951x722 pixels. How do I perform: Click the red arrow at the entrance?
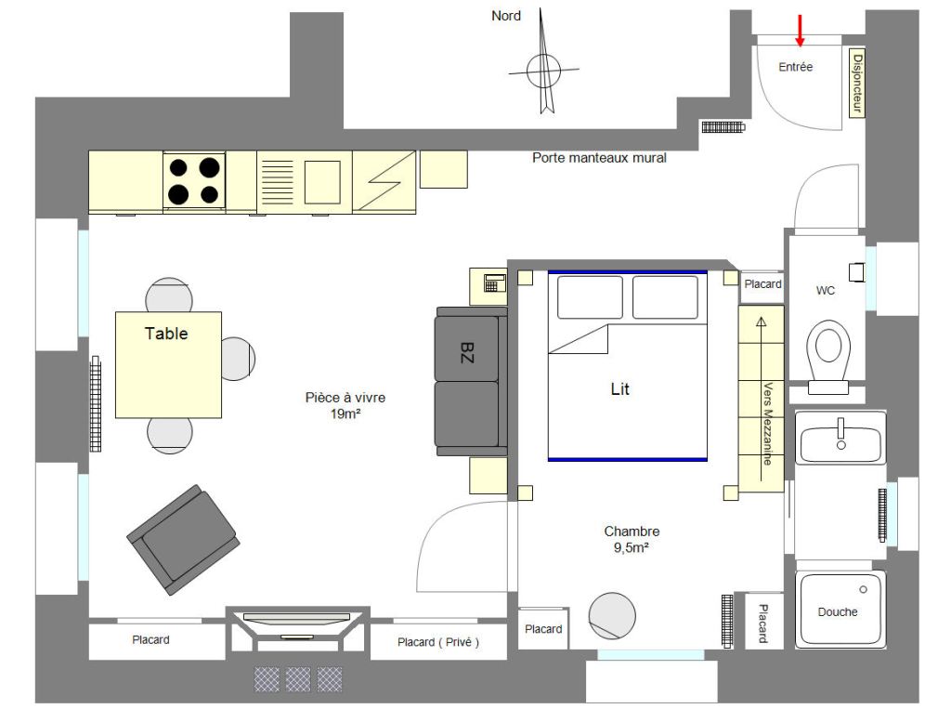[x=800, y=31]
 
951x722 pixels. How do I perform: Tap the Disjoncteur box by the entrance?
[x=856, y=83]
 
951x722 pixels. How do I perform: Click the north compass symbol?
[x=543, y=70]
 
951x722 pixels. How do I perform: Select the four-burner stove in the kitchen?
[x=194, y=180]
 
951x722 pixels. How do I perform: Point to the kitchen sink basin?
[x=322, y=182]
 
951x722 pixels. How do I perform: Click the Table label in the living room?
[x=166, y=333]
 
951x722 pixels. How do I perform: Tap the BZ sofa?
[x=471, y=381]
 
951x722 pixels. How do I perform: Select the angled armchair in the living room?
[x=183, y=539]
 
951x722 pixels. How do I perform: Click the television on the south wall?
[x=297, y=618]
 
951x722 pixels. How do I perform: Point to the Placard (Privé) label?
[x=438, y=642]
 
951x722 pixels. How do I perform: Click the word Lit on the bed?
[x=619, y=389]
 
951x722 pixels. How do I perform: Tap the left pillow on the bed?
[x=590, y=297]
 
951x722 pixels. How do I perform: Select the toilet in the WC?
[x=827, y=356]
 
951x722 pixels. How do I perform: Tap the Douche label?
[x=838, y=611]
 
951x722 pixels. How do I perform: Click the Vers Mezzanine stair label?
[x=767, y=424]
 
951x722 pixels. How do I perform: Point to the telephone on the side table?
[x=495, y=282]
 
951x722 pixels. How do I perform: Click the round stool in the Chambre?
[x=612, y=615]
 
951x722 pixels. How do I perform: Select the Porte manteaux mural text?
[x=599, y=158]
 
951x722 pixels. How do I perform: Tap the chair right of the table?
[x=237, y=359]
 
